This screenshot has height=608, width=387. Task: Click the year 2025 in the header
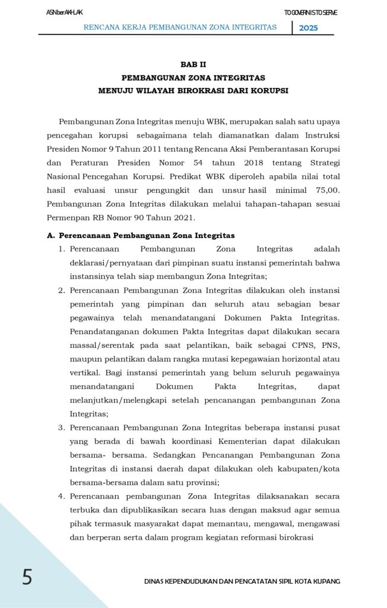pos(308,28)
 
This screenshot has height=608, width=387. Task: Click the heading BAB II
pos(193,64)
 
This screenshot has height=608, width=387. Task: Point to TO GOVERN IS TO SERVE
pos(310,12)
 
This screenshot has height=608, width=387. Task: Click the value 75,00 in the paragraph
pos(324,190)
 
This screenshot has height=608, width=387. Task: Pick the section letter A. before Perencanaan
pos(51,236)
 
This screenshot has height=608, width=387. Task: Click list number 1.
pos(61,249)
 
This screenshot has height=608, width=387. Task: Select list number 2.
pos(61,290)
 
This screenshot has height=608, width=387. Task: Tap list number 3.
pos(61,427)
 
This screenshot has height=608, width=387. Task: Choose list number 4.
pos(61,496)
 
